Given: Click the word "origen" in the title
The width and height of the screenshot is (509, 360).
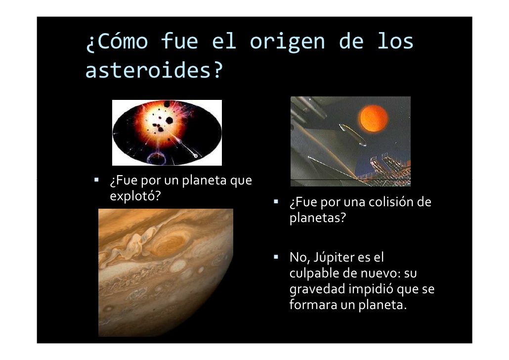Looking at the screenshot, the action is tap(287, 42).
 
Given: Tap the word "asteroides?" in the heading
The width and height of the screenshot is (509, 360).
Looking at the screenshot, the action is tap(154, 70).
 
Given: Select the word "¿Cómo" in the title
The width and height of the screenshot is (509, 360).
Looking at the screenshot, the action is tap(117, 42).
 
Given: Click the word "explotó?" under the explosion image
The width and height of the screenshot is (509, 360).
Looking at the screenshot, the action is tap(135, 196).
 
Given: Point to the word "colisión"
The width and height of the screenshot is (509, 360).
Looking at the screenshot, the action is tap(391, 202).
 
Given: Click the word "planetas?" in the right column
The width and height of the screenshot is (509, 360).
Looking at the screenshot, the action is tap(317, 218).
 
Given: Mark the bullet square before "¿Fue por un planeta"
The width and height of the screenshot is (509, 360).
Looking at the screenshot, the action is tap(96, 180).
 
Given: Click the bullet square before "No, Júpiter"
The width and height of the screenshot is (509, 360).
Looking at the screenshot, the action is tap(276, 257).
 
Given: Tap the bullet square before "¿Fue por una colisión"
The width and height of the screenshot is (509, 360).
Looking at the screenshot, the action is tap(276, 201).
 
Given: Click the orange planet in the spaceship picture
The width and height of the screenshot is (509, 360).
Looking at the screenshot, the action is tap(374, 118).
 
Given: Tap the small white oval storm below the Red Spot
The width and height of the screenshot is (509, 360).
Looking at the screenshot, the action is tap(177, 267).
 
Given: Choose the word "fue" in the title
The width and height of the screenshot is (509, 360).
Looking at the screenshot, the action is tap(179, 42).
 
